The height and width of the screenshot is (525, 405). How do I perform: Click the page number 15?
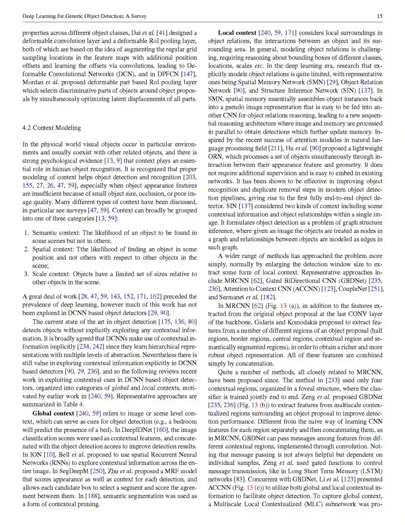point(379,16)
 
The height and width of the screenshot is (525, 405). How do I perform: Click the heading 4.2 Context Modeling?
point(51,128)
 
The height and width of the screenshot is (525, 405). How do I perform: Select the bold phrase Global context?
point(53,413)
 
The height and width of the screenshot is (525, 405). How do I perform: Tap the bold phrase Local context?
point(237,33)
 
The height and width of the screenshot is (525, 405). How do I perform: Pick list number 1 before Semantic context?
point(26,233)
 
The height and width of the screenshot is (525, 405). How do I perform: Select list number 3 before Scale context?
point(26,274)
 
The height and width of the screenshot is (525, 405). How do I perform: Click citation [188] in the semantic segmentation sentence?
point(93,496)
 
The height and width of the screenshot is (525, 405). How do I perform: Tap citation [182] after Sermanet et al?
point(268,297)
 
